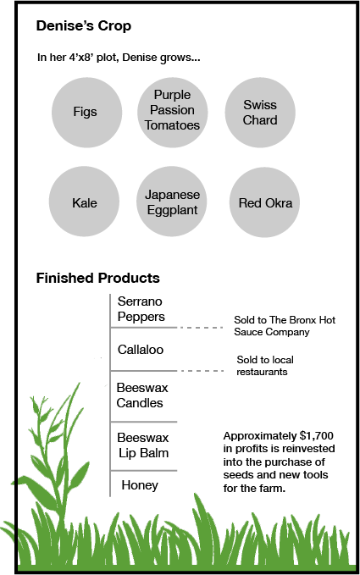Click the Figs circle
coord(86,113)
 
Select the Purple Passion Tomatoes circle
coord(173,113)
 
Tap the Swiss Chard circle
coord(260,113)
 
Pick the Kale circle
coord(84,202)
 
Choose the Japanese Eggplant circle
coord(172,202)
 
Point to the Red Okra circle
coord(264,202)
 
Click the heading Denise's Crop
coord(84,26)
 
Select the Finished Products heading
coord(97,278)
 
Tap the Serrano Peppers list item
coord(141,309)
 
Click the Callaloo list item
coord(141,350)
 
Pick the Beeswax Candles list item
coord(142,395)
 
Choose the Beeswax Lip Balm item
coord(143,445)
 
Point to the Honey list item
coord(140,485)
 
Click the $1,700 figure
coord(316,435)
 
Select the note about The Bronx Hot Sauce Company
coord(285,326)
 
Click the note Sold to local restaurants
coord(265,366)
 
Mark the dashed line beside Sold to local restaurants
coord(201,371)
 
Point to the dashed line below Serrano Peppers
coord(201,328)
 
